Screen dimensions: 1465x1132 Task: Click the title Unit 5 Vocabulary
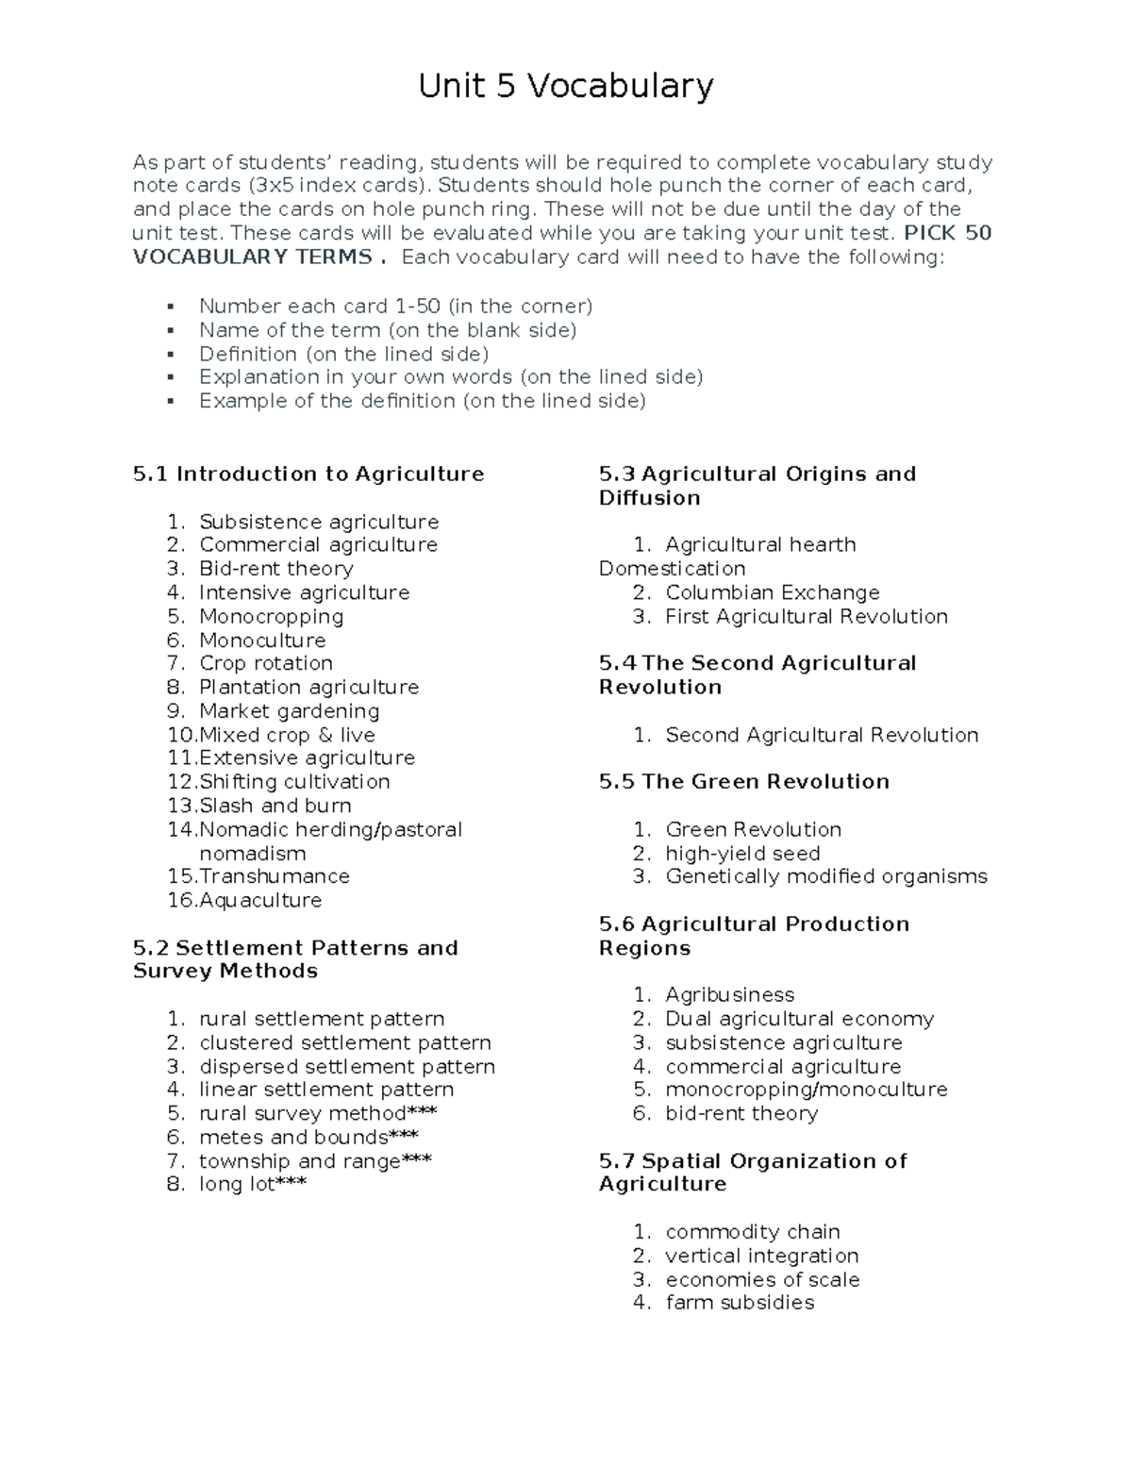point(566,87)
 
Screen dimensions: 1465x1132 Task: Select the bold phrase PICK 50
point(947,233)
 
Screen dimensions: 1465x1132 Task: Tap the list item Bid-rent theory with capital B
point(275,569)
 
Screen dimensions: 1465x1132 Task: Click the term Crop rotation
point(265,663)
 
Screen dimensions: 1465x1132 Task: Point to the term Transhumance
point(274,876)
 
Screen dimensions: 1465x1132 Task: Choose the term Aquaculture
point(259,900)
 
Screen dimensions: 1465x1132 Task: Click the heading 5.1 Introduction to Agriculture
point(308,474)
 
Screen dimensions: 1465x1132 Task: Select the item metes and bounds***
point(308,1137)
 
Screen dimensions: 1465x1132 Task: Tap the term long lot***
point(252,1184)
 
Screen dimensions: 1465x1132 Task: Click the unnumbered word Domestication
point(672,569)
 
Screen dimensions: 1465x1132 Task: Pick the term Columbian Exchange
point(772,592)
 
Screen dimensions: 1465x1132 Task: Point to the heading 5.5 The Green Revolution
point(743,781)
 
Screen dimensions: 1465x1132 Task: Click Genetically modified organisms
point(825,876)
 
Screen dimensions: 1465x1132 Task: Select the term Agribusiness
point(729,994)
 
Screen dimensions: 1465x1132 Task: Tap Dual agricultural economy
point(799,1019)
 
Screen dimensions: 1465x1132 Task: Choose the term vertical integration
point(761,1256)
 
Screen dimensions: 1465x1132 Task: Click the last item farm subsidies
point(739,1303)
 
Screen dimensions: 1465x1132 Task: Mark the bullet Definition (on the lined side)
point(343,354)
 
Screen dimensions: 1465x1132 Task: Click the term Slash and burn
point(275,806)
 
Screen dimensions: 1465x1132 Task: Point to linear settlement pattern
point(326,1090)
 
